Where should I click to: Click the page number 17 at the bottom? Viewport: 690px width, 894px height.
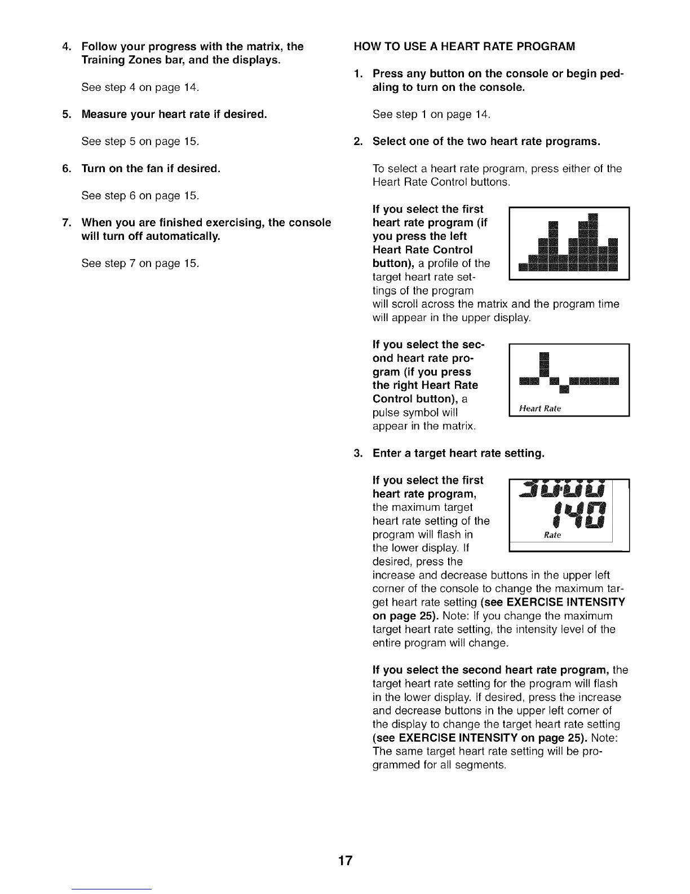345,860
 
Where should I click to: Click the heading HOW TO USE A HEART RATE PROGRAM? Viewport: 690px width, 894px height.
465,46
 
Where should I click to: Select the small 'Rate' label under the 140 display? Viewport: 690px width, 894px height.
552,535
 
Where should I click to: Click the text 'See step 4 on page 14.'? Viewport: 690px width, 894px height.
140,87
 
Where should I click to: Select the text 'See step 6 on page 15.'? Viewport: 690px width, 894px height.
140,196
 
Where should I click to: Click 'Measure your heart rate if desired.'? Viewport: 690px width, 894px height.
174,115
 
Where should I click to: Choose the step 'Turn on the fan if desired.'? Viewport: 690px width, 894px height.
151,169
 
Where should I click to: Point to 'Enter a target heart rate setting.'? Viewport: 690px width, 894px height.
458,453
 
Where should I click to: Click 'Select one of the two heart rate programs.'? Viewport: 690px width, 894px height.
486,142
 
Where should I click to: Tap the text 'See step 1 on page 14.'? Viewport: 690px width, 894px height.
431,115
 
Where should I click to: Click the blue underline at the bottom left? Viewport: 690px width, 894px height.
112,889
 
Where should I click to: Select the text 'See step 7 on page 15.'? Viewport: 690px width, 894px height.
140,264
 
